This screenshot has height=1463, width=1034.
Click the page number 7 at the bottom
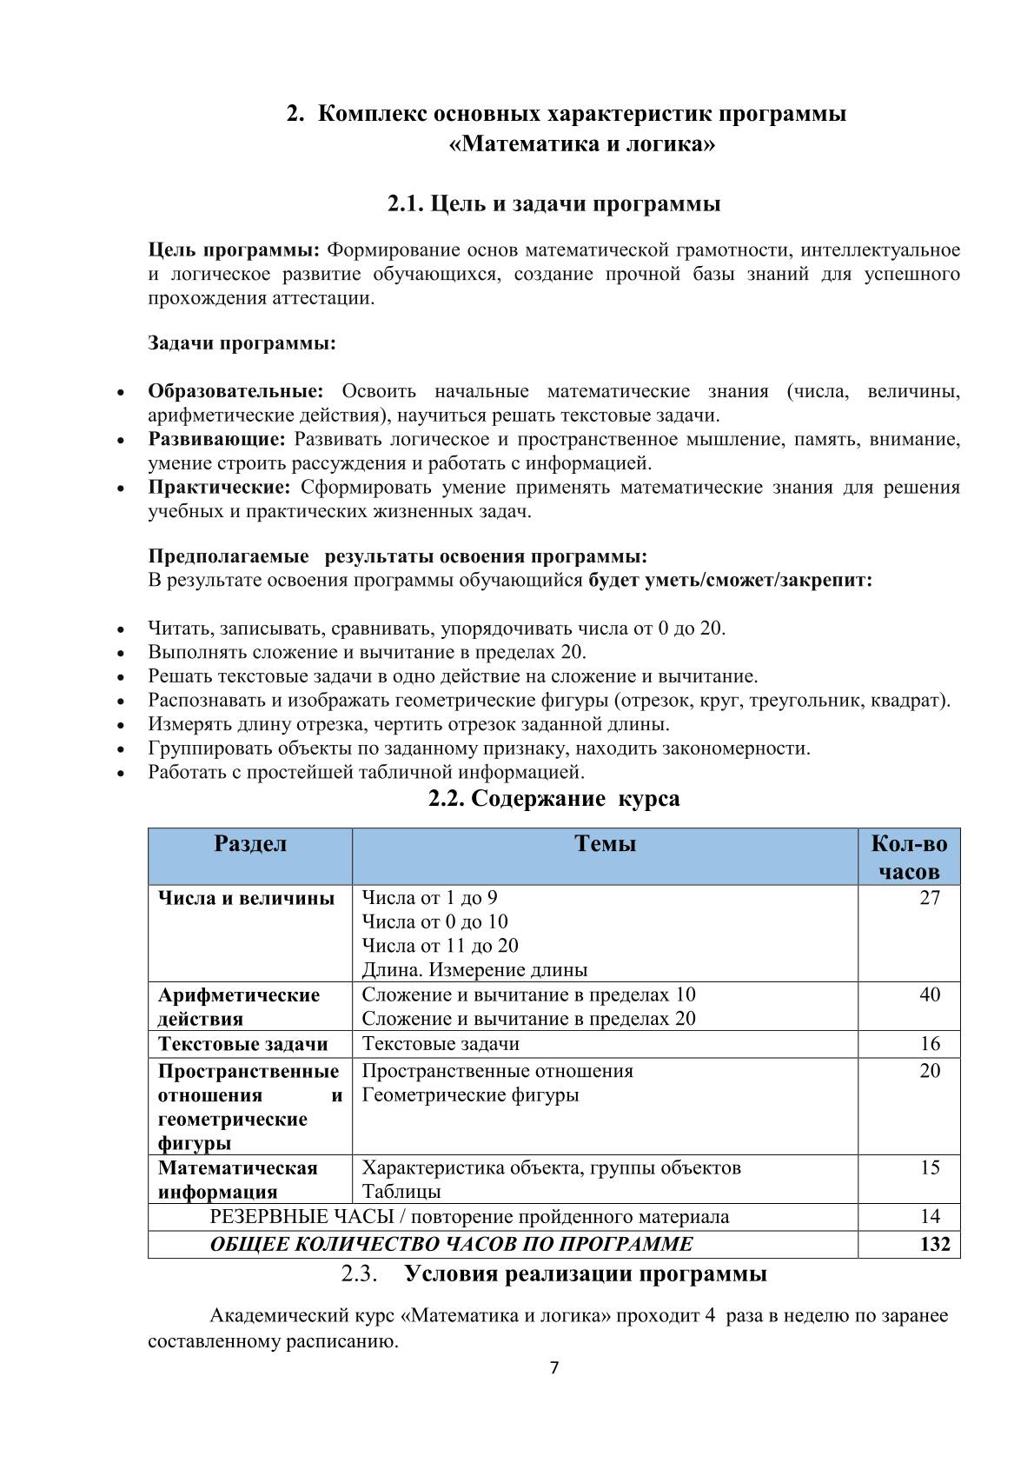click(555, 1368)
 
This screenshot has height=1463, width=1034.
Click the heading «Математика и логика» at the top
click(582, 143)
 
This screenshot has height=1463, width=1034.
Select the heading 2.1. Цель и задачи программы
click(553, 204)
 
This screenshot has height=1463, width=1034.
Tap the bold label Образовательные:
click(235, 391)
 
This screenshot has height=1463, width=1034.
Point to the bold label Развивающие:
click(216, 439)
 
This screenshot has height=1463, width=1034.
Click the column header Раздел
click(250, 844)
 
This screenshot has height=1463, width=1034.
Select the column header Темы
click(605, 844)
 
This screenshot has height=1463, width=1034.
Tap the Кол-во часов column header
click(909, 857)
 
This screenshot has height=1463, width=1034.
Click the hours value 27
click(930, 898)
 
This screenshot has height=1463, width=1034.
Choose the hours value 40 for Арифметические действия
click(930, 994)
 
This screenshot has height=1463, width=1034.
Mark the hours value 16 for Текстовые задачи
click(930, 1044)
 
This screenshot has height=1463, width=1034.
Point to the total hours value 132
click(935, 1244)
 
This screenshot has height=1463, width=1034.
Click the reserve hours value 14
click(930, 1216)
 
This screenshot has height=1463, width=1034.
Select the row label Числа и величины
click(246, 898)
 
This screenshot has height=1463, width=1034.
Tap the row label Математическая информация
click(237, 1180)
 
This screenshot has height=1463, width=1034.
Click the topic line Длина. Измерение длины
click(474, 970)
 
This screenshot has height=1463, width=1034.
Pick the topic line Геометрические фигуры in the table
click(470, 1095)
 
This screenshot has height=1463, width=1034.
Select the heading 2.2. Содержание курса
click(553, 798)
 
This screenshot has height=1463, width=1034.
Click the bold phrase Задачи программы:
click(242, 343)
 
